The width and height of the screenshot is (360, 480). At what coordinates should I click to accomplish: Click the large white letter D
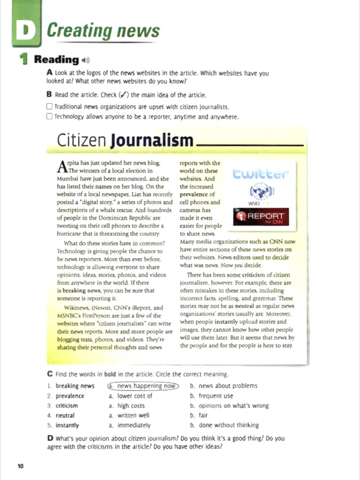[x=26, y=31]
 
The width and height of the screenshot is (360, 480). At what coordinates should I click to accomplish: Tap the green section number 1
[x=23, y=59]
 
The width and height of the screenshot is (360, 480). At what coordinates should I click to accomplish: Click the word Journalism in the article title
[x=152, y=141]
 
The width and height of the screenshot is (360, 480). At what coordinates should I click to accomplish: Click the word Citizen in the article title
[x=82, y=141]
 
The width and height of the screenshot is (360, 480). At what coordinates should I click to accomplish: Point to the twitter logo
[x=260, y=174]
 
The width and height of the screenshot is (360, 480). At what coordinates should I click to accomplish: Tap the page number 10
[x=20, y=466]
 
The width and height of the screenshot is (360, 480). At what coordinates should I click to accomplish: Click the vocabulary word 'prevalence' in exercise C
[x=70, y=396]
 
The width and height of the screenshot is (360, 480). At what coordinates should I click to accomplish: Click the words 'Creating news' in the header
[x=103, y=31]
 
